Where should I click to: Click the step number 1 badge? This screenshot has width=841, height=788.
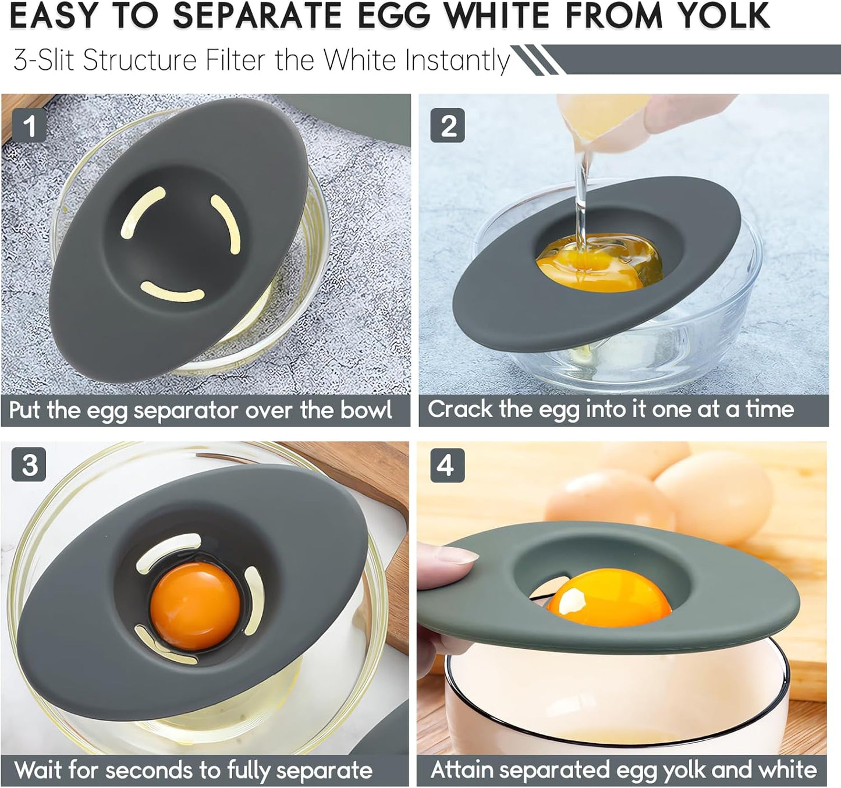click(29, 126)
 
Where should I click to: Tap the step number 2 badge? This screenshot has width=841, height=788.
click(447, 126)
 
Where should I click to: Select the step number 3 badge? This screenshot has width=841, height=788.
click(29, 465)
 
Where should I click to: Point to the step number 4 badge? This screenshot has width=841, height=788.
click(446, 466)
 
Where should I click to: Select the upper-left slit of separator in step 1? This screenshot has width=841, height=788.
click(142, 213)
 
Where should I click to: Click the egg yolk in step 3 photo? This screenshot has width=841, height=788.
click(194, 606)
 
